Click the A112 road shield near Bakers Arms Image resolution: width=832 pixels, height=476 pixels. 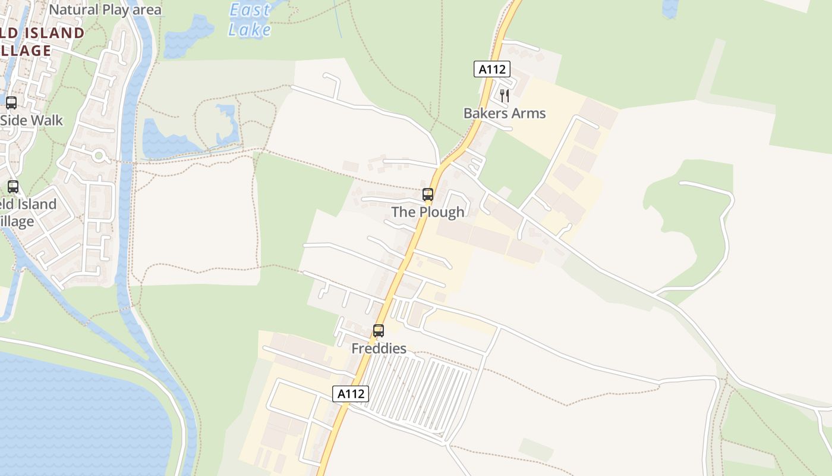point(492,69)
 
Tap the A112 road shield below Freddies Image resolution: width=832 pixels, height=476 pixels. point(350,393)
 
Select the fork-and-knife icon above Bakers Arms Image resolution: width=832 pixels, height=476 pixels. point(504,95)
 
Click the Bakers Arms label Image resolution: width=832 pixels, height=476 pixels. point(504,113)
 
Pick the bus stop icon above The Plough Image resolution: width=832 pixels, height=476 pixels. point(427,194)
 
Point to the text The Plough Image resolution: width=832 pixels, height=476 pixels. point(427,212)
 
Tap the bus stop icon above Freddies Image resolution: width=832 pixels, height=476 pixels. point(378,330)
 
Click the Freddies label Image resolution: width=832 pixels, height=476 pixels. point(379,348)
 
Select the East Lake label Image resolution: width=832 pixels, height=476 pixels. point(250,20)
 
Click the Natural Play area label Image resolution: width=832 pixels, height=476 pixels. point(105,10)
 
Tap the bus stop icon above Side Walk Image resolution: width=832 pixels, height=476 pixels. point(11,102)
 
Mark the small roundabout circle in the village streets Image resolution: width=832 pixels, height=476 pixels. point(99,156)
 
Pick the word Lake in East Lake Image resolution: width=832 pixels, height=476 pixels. point(250,30)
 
